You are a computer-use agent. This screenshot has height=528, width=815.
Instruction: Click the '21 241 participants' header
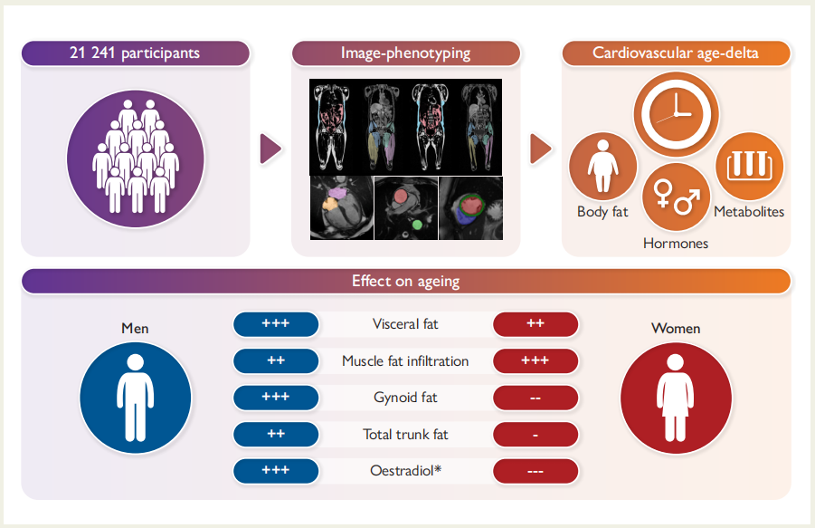coord(135,53)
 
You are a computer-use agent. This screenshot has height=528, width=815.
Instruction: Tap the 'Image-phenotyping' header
coord(405,53)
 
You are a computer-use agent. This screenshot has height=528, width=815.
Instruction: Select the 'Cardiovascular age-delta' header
coord(675,53)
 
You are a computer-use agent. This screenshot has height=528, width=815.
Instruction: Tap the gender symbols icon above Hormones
coord(676,197)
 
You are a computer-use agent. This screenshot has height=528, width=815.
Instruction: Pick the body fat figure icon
coord(602,167)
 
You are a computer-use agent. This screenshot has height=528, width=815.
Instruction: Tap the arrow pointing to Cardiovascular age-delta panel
coord(540,149)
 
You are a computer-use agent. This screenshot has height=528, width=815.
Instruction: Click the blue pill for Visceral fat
coord(275,324)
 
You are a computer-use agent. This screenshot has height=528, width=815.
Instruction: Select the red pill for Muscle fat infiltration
coord(535,360)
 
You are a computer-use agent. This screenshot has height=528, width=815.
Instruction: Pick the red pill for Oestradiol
coord(535,471)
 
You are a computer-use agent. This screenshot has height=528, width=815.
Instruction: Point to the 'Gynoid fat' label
coord(405,398)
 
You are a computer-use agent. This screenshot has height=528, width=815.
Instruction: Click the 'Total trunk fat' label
coord(405,435)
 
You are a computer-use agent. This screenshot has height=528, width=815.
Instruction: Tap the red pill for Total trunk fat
coord(535,435)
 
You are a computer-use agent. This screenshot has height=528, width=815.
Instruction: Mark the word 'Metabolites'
coord(749,212)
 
